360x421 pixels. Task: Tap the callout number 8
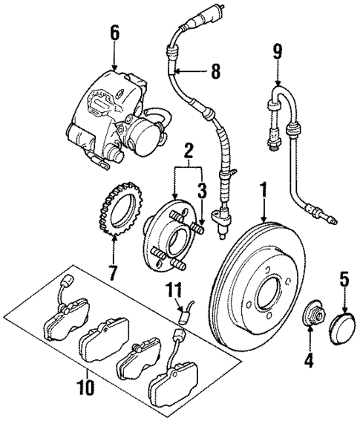tap(215, 72)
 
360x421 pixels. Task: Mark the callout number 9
tap(278, 52)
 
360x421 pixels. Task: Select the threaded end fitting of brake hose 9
tap(328, 218)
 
